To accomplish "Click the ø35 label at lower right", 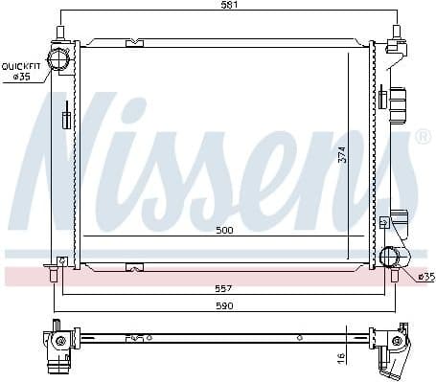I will point(425,276).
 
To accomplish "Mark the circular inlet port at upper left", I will point(62,59).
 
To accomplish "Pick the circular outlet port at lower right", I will point(391,256).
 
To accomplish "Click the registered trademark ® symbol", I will point(423,138).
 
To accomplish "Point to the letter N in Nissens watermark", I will point(81,153).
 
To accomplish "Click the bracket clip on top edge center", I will point(135,42).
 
